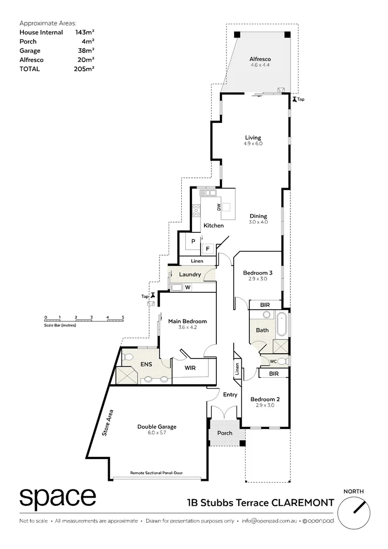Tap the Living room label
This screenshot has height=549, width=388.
point(252,138)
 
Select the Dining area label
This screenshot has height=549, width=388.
point(258,216)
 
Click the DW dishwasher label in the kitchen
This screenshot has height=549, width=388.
point(218,207)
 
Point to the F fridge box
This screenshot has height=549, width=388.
point(207,249)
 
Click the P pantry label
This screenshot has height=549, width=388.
point(193,241)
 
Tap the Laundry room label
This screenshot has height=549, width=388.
point(190,274)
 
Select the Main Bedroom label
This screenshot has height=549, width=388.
point(187,321)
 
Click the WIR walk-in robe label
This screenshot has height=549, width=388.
point(190,368)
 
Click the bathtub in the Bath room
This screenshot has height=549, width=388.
point(282,325)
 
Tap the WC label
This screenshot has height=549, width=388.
point(272,361)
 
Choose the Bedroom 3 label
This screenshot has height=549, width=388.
point(257,273)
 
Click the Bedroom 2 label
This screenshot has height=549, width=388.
point(264,399)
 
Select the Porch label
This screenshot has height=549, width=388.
point(224,433)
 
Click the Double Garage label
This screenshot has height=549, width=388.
point(156,426)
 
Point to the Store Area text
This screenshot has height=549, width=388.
point(108,423)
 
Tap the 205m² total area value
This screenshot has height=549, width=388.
point(84,69)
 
